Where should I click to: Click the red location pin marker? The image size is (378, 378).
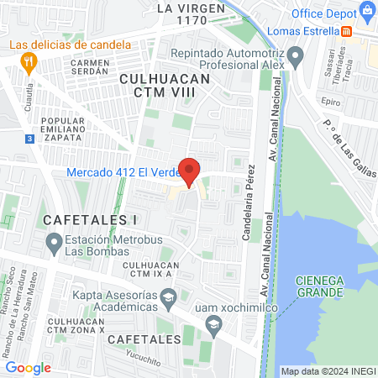(x=190, y=171)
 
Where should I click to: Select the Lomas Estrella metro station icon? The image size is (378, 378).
(x=347, y=31)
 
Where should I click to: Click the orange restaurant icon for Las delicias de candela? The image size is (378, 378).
(x=29, y=60)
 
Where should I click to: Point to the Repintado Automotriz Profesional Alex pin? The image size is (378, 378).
(x=295, y=57)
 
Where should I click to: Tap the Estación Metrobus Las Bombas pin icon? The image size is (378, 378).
(x=51, y=244)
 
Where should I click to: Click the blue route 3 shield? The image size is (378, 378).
(x=29, y=139)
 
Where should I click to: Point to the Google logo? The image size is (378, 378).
(x=28, y=367)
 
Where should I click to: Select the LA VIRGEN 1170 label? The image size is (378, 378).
(x=192, y=14)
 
